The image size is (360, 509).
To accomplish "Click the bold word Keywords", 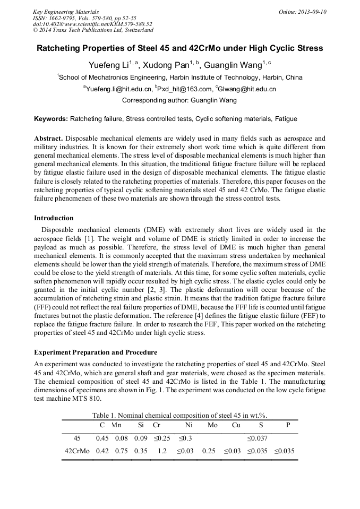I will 50,119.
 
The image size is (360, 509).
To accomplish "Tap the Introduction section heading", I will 54,218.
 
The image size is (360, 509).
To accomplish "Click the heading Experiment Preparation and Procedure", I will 96,352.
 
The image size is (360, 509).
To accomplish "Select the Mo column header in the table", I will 212,425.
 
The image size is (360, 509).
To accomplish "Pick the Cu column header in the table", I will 236,425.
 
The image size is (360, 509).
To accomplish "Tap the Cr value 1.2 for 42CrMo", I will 162,451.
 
